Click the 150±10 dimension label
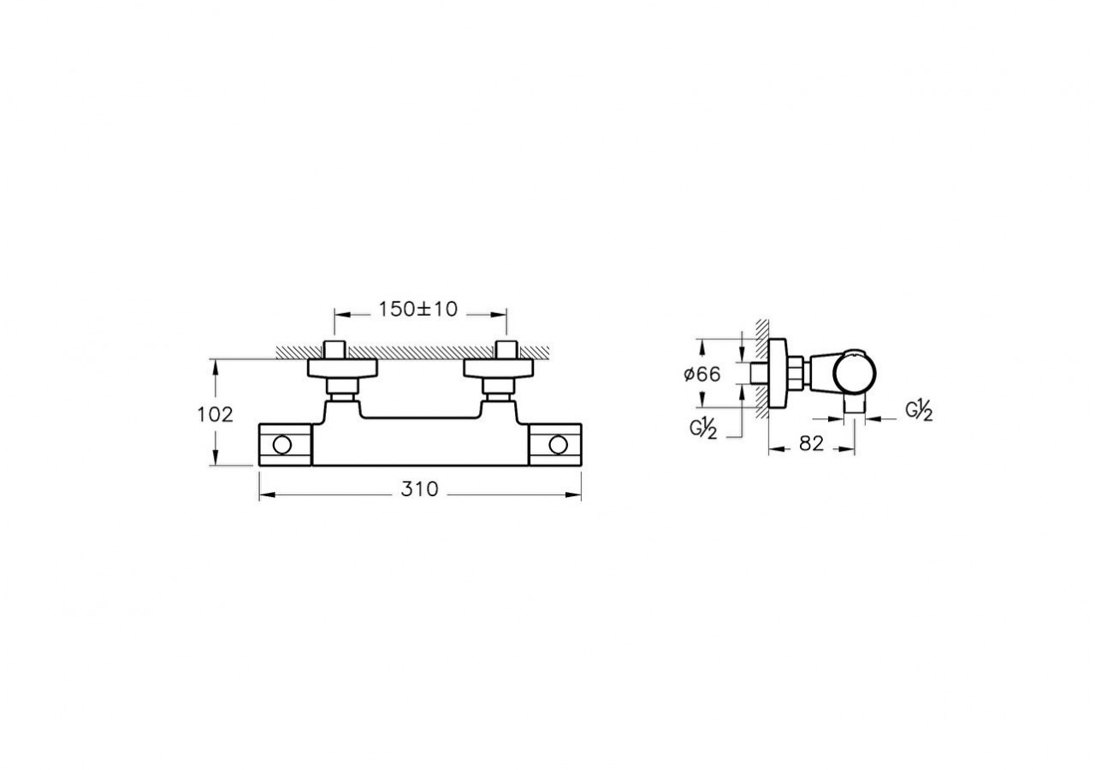pyautogui.click(x=418, y=309)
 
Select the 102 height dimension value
pyautogui.click(x=215, y=415)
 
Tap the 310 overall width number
pyautogui.click(x=419, y=489)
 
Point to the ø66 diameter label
pyautogui.click(x=702, y=375)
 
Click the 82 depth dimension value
pyautogui.click(x=812, y=443)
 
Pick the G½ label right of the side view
pyautogui.click(x=919, y=410)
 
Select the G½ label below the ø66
pyautogui.click(x=703, y=429)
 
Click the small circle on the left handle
pyautogui.click(x=282, y=446)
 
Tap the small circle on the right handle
pyautogui.click(x=558, y=446)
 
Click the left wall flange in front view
pyautogui.click(x=342, y=369)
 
